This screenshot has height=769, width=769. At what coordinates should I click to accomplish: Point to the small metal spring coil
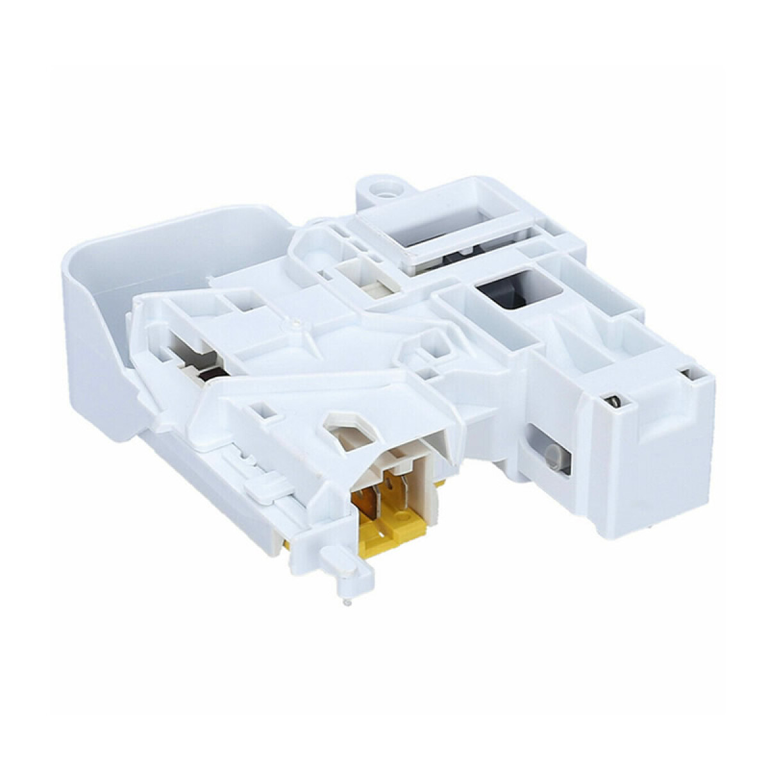[613, 402]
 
